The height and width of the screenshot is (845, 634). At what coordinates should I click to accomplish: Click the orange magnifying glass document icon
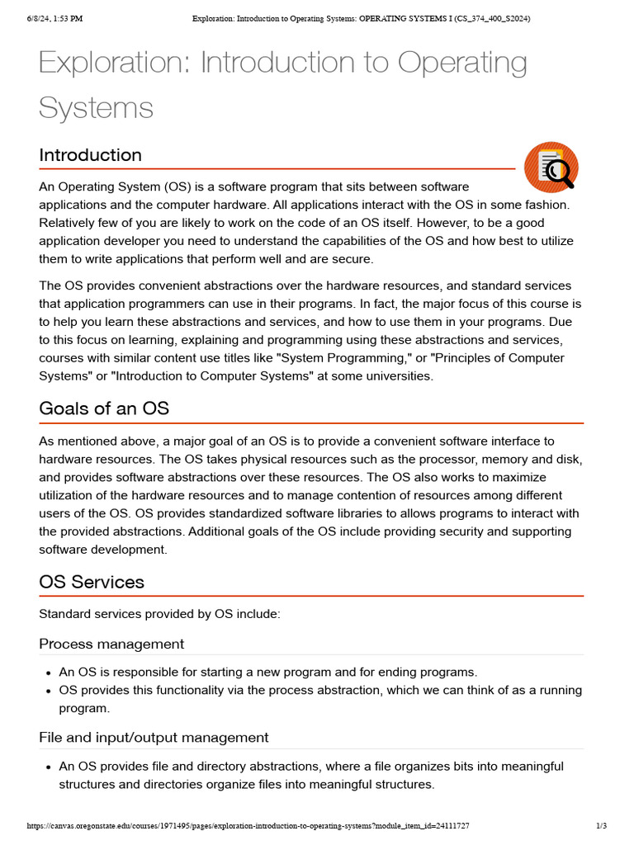(551, 167)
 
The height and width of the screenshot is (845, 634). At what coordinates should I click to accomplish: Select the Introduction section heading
(90, 155)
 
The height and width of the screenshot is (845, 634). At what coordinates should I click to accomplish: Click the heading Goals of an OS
(104, 409)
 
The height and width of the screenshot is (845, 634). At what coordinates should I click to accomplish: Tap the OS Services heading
(92, 582)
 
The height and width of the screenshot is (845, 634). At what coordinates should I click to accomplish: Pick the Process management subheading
(111, 644)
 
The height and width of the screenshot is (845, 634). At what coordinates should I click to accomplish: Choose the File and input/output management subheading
(154, 737)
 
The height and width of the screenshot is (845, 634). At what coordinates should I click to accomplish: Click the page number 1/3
(601, 825)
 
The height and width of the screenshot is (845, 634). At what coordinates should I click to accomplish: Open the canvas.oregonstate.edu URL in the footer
(248, 825)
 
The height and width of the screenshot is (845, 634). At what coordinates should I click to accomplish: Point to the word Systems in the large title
(96, 107)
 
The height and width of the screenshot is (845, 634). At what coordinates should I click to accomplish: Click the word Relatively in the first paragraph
(71, 223)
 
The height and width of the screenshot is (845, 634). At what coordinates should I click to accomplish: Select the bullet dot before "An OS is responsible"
(49, 673)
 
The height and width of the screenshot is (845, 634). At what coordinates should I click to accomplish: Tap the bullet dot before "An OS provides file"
(49, 767)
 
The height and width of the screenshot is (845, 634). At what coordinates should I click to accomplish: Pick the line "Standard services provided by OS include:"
(159, 614)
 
